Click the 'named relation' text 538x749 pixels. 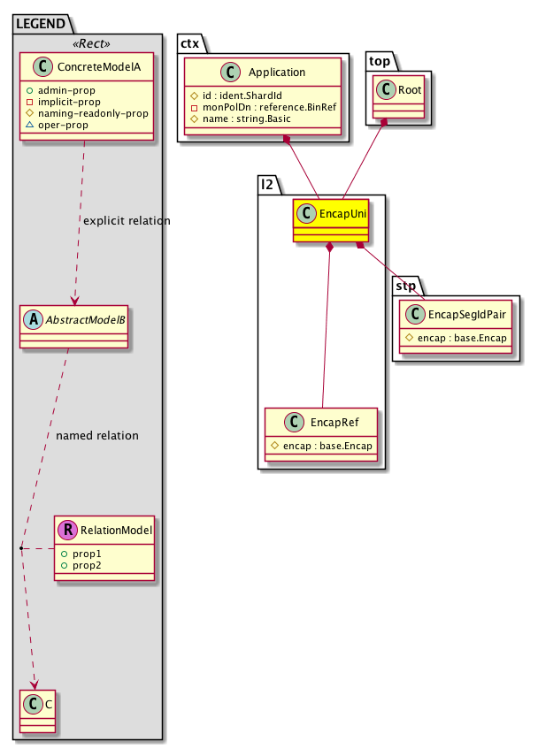coord(96,436)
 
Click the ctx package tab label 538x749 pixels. coord(190,43)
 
